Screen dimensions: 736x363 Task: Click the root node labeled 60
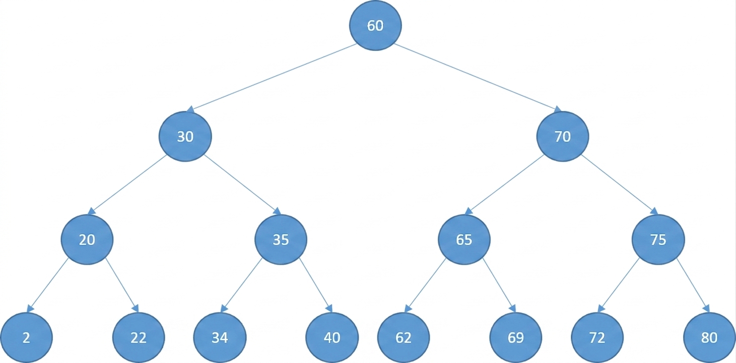point(375,25)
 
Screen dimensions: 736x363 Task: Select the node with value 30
point(185,137)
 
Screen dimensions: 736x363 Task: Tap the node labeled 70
point(563,137)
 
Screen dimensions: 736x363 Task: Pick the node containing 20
point(87,239)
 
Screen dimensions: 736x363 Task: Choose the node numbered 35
point(281,239)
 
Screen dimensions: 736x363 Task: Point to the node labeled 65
point(464,239)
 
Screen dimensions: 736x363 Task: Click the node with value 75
point(658,239)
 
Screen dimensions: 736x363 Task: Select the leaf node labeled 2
point(26,337)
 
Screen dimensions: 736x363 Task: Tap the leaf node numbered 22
point(139,337)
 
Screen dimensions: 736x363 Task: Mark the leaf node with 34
point(220,337)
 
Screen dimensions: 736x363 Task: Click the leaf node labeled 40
point(332,337)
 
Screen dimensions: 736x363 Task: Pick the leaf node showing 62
point(404,337)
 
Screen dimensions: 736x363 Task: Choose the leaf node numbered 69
point(516,337)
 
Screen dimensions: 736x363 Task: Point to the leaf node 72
point(597,337)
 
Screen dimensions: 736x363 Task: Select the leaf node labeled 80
point(709,337)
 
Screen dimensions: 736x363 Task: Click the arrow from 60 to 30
point(271,78)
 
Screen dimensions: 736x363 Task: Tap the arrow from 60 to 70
point(478,78)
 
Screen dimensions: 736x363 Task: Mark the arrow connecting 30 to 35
point(243,185)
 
